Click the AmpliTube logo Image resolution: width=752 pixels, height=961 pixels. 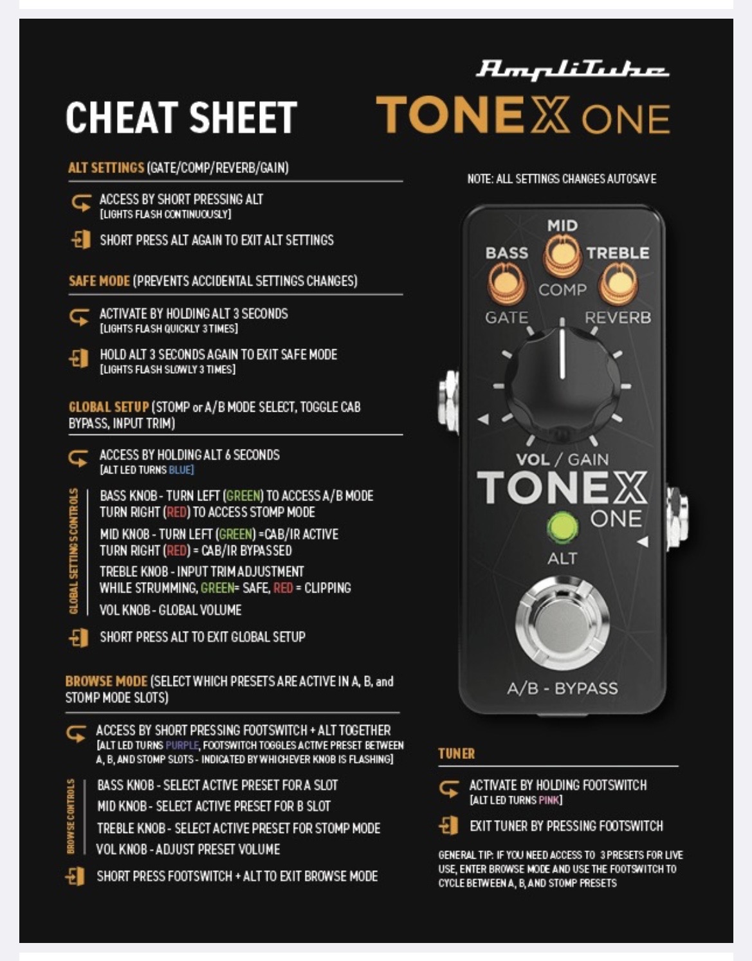coord(572,70)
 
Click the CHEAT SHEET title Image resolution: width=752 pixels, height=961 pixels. coord(181,117)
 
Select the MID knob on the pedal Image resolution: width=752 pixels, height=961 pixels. coord(562,255)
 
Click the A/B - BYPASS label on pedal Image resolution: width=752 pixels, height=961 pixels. coord(562,688)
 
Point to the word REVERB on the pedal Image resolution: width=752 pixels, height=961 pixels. coord(618,318)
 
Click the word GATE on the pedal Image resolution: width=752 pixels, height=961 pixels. coord(507,318)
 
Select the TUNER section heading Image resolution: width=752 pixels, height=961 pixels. coord(456,754)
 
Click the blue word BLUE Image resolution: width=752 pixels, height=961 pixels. coord(181,470)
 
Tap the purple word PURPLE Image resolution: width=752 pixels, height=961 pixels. coord(181,745)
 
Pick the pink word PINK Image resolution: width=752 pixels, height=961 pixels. coord(549,800)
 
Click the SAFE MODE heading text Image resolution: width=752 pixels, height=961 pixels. coord(100,281)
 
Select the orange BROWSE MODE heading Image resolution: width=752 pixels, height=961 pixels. coord(106,681)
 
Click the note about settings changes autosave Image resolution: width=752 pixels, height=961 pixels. coord(562,179)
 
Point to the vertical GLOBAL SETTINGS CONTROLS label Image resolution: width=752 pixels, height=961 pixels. coord(74,551)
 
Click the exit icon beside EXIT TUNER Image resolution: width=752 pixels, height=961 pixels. coord(448,826)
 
